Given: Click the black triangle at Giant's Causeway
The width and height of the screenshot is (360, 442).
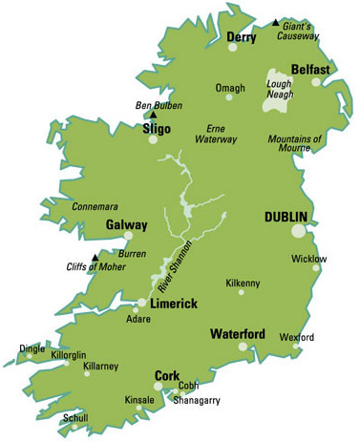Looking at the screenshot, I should click(276, 22).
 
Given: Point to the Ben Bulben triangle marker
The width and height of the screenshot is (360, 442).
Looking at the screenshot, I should click(153, 114).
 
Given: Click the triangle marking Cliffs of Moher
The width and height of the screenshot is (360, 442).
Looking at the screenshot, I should click(94, 257).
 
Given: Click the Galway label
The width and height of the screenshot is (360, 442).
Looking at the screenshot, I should click(126, 225).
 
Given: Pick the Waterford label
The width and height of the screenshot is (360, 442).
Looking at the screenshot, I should click(237, 333).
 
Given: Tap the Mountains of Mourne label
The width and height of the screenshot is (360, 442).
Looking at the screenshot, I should click(298, 143).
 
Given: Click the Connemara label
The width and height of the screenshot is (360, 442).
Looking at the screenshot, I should click(95, 205).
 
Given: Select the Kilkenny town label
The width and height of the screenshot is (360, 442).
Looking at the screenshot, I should click(242, 284).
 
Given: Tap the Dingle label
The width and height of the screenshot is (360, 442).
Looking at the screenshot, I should click(32, 349).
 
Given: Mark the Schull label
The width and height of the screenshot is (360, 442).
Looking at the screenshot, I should click(75, 418).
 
